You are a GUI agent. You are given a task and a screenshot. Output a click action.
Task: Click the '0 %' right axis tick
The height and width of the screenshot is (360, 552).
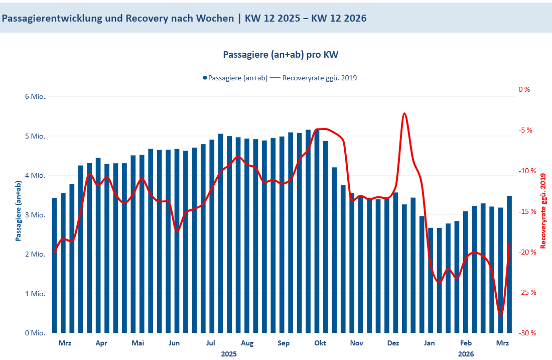pos(524,89)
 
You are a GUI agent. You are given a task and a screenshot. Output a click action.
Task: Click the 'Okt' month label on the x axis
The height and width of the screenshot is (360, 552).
pos(320,343)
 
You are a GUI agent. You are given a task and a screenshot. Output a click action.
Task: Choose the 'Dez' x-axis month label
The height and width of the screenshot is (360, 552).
pos(393,343)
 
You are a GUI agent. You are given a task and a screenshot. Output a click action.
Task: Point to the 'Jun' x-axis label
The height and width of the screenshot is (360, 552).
pos(174,343)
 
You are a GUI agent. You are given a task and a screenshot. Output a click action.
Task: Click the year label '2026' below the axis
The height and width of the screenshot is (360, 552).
pos(466,353)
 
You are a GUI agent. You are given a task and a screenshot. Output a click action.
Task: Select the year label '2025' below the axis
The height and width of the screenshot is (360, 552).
pos(229,353)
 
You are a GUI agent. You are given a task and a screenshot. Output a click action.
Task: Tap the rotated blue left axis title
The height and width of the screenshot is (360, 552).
pos(19,211)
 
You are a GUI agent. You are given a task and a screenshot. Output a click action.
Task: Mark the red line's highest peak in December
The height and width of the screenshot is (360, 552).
pos(404,113)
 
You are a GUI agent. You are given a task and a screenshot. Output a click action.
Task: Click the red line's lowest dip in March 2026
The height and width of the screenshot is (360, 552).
pos(501,315)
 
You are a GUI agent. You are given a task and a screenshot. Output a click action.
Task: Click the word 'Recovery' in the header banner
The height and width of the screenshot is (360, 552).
pos(145,19)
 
